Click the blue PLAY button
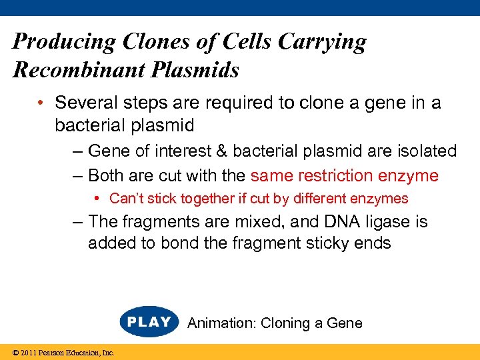pyautogui.click(x=149, y=322)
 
